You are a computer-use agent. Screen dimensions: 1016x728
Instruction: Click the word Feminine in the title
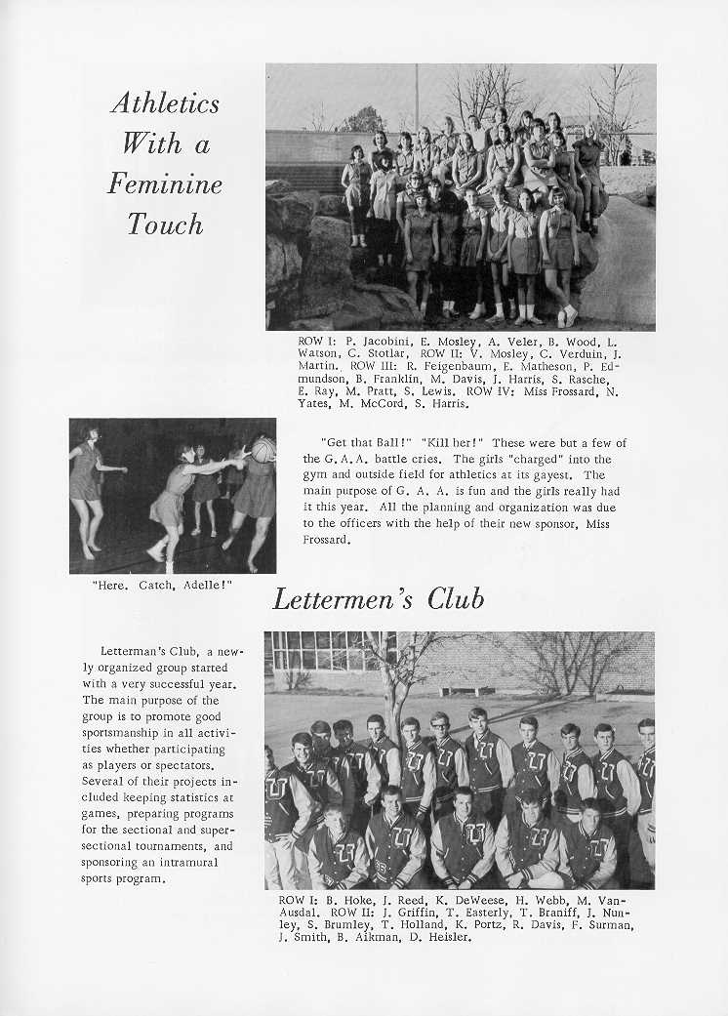[x=172, y=183]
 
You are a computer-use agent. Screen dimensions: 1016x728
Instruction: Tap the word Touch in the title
[x=165, y=224]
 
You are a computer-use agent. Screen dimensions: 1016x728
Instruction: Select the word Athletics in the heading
[x=165, y=102]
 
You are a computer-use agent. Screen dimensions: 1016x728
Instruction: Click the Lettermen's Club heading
[x=378, y=598]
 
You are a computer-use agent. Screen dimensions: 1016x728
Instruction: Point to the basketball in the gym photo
[x=263, y=449]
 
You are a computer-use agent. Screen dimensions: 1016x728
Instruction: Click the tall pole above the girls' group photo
[x=416, y=98]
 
